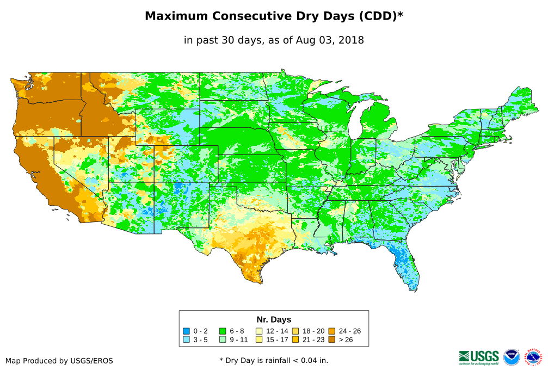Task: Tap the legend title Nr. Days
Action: pos(274,319)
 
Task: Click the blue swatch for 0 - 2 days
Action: pos(186,331)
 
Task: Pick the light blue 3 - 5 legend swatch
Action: pos(186,340)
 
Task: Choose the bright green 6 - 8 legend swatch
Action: pos(223,331)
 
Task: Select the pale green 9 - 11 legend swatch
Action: pos(223,340)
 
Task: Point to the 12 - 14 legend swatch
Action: pos(259,331)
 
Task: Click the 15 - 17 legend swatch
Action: pos(259,340)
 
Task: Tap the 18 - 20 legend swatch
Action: pos(295,331)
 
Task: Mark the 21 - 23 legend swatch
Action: pos(295,340)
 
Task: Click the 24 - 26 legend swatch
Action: pos(331,331)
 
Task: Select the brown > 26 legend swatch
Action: pos(331,340)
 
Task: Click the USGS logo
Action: pos(479,357)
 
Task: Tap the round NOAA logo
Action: pos(512,357)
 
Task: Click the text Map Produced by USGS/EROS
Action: pos(59,361)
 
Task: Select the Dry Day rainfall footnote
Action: pos(274,360)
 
